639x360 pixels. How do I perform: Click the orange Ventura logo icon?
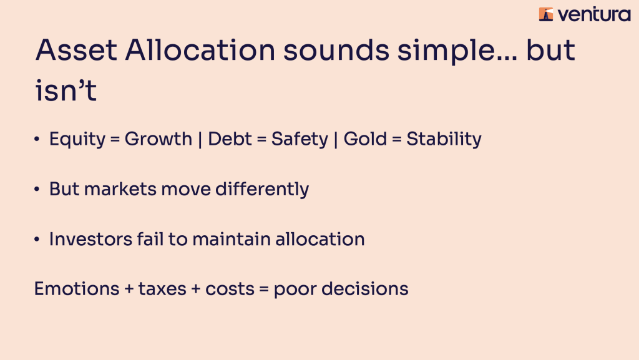(546, 14)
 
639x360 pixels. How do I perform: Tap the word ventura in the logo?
(594, 15)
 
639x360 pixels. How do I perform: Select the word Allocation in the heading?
(200, 51)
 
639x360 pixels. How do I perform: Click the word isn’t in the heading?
(66, 90)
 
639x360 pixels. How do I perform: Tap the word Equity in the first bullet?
(77, 140)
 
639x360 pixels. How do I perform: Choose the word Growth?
(158, 139)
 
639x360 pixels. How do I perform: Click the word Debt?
(230, 139)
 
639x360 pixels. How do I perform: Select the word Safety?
(300, 140)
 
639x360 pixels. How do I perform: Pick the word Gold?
(365, 139)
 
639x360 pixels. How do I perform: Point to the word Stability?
(444, 140)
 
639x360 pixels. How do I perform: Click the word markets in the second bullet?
(120, 190)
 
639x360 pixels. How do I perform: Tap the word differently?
(262, 190)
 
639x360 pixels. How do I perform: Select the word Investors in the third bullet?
(90, 240)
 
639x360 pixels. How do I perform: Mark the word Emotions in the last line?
(77, 289)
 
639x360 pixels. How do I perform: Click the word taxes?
(162, 289)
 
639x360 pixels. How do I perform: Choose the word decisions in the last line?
(364, 289)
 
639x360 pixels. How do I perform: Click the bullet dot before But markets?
(37, 190)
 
